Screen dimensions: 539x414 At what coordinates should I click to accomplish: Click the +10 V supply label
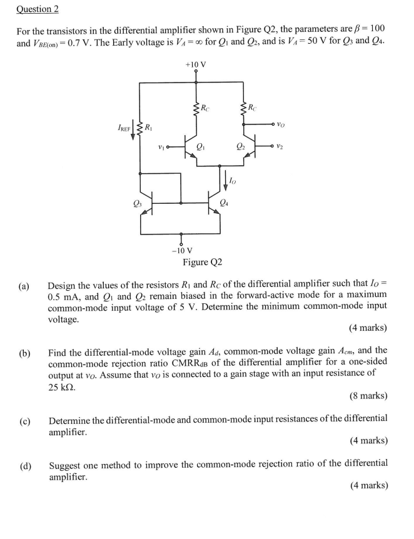(196, 64)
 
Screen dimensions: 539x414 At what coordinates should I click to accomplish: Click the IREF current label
(124, 128)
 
